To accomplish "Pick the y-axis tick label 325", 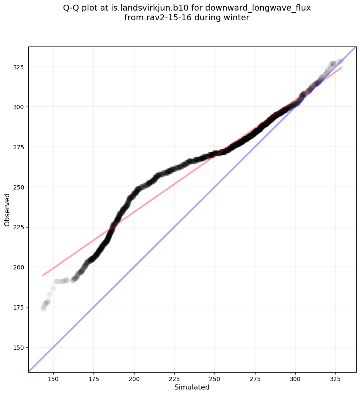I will pos(17,67).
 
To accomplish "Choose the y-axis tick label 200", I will pos(17,267).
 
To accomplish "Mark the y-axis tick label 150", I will pos(17,347).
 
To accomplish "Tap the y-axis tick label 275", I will pos(17,147).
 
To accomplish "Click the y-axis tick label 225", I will pos(17,227).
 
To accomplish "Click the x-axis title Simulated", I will pos(192,387).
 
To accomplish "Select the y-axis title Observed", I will pos(7,210).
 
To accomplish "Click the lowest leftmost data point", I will pos(43,308).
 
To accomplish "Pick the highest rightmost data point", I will pos(341,60).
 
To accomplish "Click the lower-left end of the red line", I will pos(43,275).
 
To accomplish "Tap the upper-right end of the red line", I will pos(341,68).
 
